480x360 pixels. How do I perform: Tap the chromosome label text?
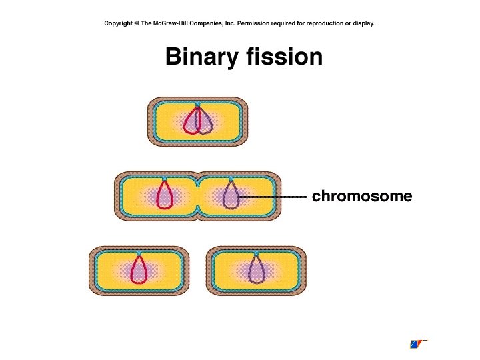pos(362,197)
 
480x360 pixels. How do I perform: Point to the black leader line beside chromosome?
pos(273,197)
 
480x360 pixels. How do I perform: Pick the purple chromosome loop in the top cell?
pos(205,122)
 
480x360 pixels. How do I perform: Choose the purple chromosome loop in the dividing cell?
pos(231,197)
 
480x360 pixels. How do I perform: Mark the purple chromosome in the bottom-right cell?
pos(256,272)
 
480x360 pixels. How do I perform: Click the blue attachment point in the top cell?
pos(197,105)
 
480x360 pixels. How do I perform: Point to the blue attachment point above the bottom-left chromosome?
pos(139,254)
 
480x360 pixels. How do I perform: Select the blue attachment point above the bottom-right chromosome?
pos(256,254)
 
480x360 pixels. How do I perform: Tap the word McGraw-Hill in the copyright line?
pos(170,23)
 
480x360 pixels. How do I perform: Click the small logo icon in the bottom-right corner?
pos(417,344)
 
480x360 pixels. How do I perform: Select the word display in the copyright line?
pos(362,23)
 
